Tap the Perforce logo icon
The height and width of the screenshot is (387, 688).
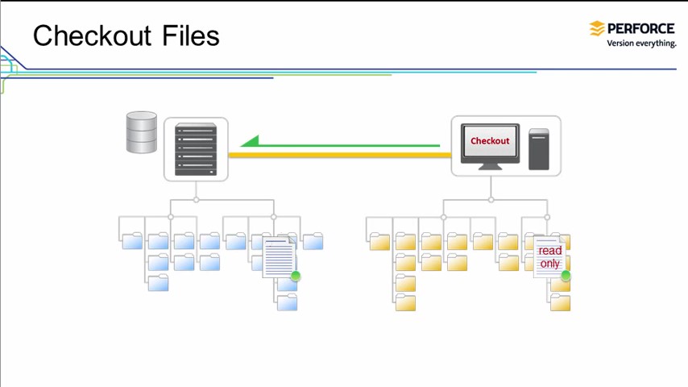click(597, 29)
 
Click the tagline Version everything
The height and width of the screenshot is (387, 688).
click(641, 44)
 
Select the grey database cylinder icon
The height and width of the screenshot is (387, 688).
click(142, 132)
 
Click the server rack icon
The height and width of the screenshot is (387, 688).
click(196, 149)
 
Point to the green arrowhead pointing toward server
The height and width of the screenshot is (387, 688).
click(251, 142)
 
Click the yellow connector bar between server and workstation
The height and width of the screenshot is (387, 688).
click(338, 154)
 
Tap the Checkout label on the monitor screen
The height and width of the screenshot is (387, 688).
click(490, 140)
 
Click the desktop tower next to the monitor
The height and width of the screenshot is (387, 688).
click(539, 148)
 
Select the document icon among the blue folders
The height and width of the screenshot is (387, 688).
click(279, 257)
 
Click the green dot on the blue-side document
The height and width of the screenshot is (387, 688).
click(296, 276)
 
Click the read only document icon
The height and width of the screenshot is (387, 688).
click(549, 257)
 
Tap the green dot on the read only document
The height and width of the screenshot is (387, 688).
click(566, 276)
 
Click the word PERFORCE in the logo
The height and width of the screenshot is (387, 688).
click(641, 28)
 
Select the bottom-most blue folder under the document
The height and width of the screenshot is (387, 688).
click(287, 302)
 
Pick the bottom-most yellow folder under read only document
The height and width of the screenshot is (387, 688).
click(561, 302)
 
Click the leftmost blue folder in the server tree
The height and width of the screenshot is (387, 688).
click(132, 241)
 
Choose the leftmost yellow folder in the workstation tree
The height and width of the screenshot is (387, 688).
click(379, 241)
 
